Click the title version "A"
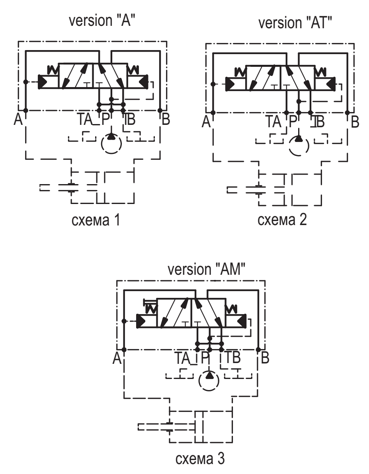(x=102, y=21)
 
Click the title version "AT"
(x=295, y=23)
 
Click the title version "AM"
(x=207, y=269)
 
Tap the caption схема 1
(x=96, y=220)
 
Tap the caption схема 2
(x=282, y=220)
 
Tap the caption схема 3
(x=200, y=458)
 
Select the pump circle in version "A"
(x=111, y=144)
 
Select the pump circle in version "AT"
(x=299, y=146)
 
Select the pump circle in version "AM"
(x=209, y=381)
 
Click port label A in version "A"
(x=18, y=119)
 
